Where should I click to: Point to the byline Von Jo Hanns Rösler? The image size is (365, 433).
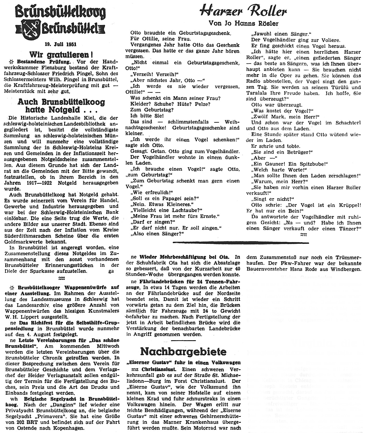point(243,23)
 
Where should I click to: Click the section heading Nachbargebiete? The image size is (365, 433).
point(183,351)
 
